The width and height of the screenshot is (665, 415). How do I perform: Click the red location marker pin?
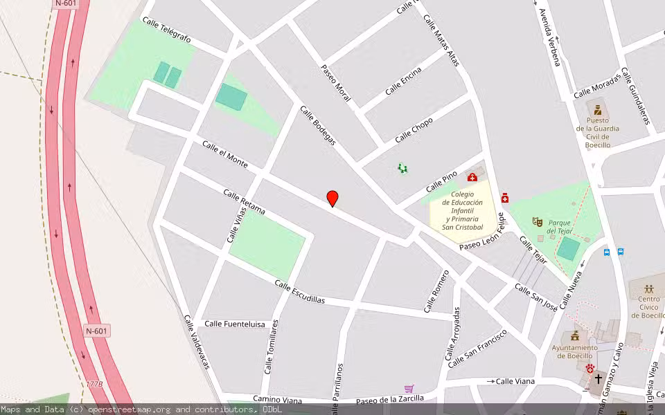[332, 198]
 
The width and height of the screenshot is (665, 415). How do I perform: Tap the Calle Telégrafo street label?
[166, 30]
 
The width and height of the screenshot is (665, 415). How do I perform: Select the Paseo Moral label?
[336, 84]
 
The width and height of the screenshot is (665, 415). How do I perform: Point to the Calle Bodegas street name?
[318, 125]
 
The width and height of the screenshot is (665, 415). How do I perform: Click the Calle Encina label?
[403, 84]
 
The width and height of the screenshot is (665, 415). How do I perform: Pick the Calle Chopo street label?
[414, 130]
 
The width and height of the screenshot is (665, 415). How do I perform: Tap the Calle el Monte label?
[224, 154]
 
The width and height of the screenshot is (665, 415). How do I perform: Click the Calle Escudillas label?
[299, 292]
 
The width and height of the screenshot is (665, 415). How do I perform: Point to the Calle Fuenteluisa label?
[235, 324]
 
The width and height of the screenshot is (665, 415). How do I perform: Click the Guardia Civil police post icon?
[597, 109]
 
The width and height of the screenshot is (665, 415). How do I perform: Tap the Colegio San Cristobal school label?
[462, 210]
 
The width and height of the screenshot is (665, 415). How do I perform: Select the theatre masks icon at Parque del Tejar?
[537, 221]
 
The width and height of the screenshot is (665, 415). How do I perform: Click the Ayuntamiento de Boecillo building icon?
[574, 335]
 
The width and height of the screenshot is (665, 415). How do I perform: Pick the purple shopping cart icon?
[409, 389]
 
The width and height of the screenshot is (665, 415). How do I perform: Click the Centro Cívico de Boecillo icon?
[649, 289]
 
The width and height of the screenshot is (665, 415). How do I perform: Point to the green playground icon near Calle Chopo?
[402, 168]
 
